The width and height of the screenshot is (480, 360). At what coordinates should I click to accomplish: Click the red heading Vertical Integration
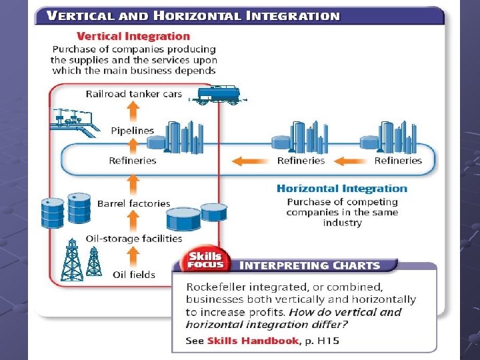(x=133, y=37)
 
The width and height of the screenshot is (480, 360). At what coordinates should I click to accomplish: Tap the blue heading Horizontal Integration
(x=341, y=189)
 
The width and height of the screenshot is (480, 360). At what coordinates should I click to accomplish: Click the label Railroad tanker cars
(x=133, y=94)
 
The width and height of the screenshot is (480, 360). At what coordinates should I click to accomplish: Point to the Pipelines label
(x=132, y=131)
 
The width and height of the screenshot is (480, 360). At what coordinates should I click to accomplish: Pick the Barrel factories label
(x=133, y=203)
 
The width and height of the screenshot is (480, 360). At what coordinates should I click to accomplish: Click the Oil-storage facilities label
(x=133, y=238)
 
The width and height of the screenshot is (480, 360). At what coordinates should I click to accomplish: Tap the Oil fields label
(x=133, y=274)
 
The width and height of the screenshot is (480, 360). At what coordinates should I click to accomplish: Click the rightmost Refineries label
(x=398, y=161)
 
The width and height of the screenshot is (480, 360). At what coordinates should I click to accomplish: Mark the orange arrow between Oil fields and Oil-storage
(x=133, y=256)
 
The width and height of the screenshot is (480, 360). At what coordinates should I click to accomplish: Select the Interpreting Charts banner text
(x=309, y=265)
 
